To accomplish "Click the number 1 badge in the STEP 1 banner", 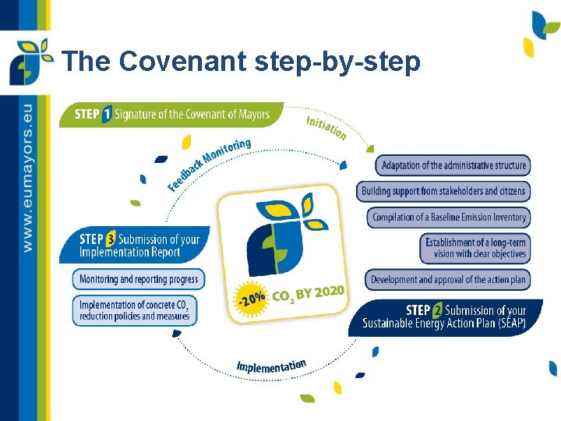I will tap(107, 115).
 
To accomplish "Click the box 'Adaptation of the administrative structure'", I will tap(453, 165).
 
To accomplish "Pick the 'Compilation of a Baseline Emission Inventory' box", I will tap(449, 218).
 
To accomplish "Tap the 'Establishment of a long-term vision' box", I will tap(475, 248).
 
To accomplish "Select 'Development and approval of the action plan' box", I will tap(448, 279).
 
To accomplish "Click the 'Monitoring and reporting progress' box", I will tap(139, 278).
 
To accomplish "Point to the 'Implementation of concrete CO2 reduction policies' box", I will tap(135, 310).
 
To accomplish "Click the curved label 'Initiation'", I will tap(326, 128).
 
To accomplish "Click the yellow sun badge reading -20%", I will tap(251, 298).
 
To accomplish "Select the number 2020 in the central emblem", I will tap(326, 292).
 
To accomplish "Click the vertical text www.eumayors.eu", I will tap(29, 176).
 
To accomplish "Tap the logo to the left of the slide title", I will tap(30, 60).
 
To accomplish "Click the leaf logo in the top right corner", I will tap(544, 32).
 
